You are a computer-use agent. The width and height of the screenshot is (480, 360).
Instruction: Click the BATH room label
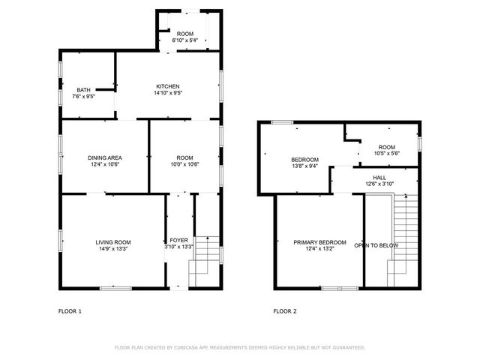(x=83, y=90)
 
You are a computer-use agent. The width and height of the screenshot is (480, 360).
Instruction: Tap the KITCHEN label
(x=167, y=85)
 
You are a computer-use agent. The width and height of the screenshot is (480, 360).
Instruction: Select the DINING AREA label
(x=105, y=157)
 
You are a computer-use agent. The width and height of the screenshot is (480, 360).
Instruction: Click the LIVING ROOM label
(x=113, y=241)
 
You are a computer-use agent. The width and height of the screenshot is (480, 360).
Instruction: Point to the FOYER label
(x=178, y=240)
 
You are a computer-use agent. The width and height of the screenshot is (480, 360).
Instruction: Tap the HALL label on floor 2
(x=379, y=177)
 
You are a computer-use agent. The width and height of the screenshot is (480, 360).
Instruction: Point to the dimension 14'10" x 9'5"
(x=168, y=94)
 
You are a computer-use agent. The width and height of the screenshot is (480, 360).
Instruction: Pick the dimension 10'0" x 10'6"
(x=185, y=164)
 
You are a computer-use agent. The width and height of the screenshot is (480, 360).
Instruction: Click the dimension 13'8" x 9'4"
(x=305, y=166)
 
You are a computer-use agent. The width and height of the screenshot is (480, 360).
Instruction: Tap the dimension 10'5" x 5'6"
(x=386, y=154)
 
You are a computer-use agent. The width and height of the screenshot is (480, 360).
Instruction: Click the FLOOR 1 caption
(x=70, y=310)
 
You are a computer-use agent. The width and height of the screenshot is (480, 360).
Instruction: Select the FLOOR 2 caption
(x=285, y=310)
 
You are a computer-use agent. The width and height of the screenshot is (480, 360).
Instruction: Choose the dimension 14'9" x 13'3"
(x=113, y=249)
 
